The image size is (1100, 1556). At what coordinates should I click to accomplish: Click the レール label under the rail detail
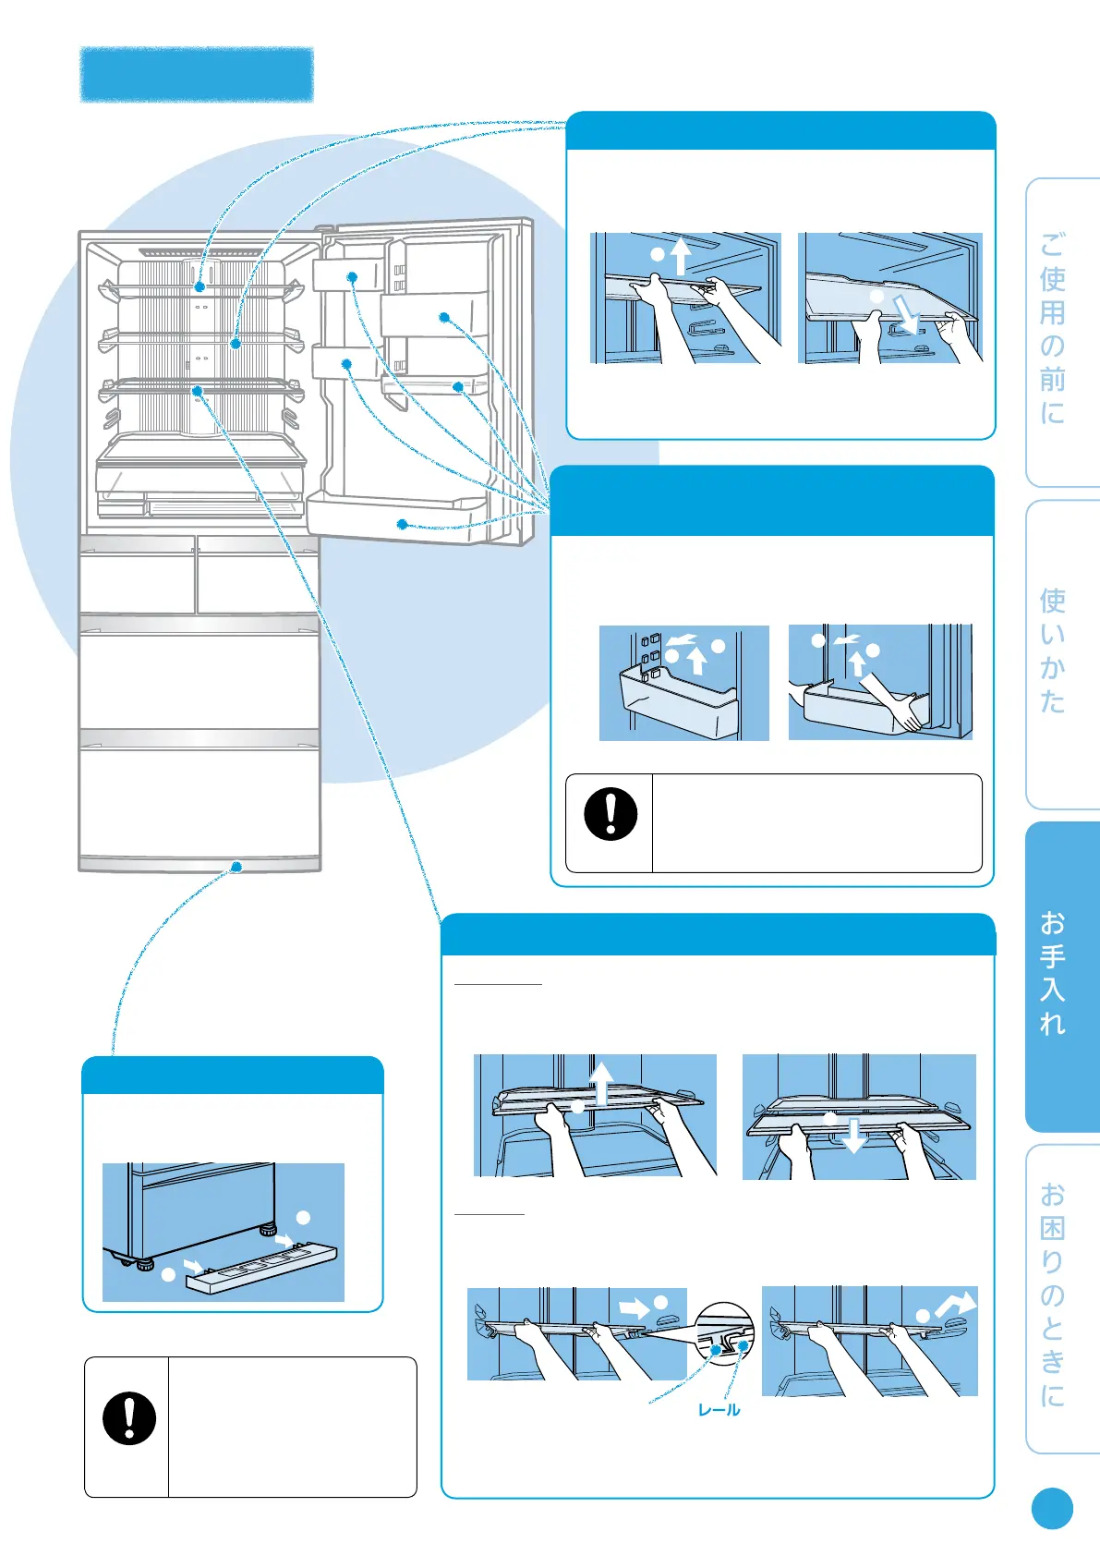point(719,1410)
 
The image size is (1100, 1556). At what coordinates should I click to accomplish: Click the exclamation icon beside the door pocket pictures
point(610,814)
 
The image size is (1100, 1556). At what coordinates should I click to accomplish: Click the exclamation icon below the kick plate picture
point(129,1418)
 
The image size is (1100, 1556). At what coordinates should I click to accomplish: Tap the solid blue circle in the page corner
point(1052,1509)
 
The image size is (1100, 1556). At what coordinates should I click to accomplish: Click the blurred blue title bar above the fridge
point(197,74)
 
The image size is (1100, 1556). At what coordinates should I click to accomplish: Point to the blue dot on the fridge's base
point(236,867)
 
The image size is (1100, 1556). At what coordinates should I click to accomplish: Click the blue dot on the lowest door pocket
point(403,525)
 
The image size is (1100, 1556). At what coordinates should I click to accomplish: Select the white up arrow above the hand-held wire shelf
point(680,256)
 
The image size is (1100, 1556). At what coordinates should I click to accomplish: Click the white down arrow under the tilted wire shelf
point(909,315)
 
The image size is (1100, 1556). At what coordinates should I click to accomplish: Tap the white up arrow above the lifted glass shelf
point(602,1082)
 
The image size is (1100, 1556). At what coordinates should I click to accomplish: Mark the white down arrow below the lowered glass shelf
point(854,1136)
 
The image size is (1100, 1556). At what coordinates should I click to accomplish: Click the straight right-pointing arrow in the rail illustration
point(635,1307)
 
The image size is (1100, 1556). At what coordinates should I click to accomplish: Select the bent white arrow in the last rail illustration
point(955,1304)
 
